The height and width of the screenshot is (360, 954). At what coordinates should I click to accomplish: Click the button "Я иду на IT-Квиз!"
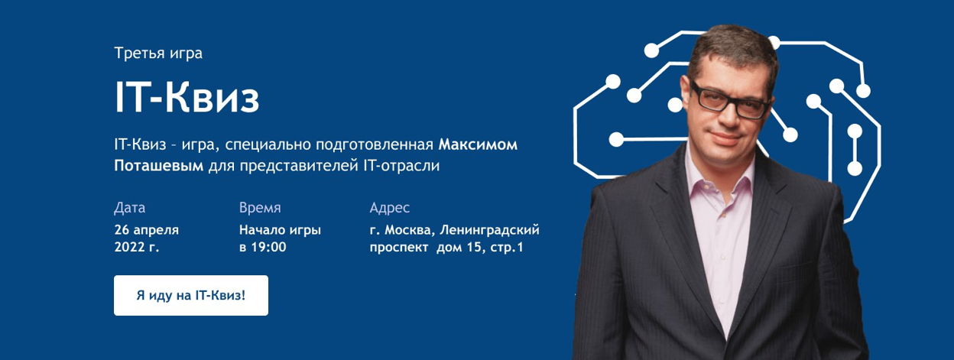[x=191, y=295]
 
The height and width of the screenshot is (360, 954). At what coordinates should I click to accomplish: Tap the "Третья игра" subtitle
[x=158, y=54]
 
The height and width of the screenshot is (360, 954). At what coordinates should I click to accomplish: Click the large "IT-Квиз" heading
[x=187, y=98]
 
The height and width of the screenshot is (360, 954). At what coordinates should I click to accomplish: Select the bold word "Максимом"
[x=478, y=144]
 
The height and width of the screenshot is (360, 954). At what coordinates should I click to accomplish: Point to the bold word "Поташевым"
[x=159, y=165]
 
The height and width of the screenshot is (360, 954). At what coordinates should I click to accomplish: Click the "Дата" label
[x=129, y=207]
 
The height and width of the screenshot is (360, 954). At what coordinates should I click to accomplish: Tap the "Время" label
[x=260, y=207]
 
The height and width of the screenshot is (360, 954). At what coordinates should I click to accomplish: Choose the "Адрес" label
[x=389, y=207]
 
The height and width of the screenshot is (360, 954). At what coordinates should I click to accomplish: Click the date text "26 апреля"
[x=147, y=230]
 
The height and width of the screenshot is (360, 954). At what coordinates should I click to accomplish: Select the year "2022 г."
[x=137, y=247]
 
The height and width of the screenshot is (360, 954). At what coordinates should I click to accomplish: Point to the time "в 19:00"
[x=263, y=247]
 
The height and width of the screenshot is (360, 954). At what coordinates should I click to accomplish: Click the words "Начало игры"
[x=280, y=230]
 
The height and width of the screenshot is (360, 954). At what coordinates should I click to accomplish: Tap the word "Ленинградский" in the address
[x=489, y=230]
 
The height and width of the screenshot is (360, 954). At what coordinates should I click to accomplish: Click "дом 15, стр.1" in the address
[x=480, y=247]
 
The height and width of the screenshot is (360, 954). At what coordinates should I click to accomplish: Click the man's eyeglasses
[x=729, y=102]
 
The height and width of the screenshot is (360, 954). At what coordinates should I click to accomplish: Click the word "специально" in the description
[x=268, y=145]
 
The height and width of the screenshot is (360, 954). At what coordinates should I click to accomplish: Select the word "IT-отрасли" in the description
[x=401, y=165]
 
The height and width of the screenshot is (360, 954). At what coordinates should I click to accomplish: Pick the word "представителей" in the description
[x=300, y=166]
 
